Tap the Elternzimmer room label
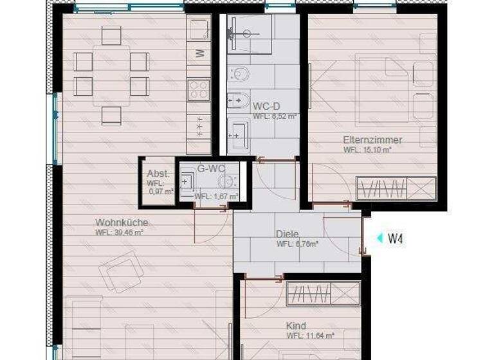point(372,139)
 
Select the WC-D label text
point(266,106)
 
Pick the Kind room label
point(296,326)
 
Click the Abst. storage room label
point(158,174)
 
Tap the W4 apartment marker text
point(395,239)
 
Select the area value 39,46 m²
point(119,233)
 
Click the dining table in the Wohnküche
point(111,75)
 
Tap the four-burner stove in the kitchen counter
point(199,89)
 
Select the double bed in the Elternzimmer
point(385,91)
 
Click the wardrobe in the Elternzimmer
point(396,188)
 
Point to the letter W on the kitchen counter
point(200,53)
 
